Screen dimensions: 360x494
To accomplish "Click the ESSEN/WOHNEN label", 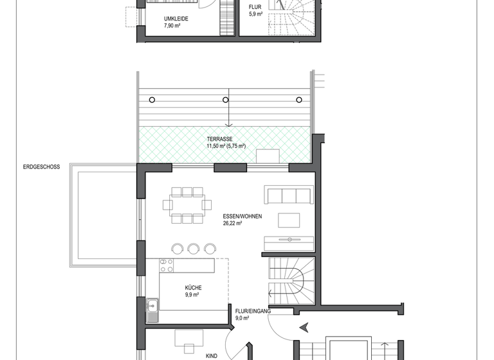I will [242, 217].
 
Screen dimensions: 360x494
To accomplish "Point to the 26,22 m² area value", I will [232, 224].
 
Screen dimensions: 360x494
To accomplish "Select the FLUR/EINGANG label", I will [253, 310].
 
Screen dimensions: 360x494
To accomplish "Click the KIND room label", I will [211, 355].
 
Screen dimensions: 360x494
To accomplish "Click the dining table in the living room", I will [187, 205].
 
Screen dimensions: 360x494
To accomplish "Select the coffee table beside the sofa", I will [288, 220].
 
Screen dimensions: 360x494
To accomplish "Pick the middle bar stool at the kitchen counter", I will [193, 248].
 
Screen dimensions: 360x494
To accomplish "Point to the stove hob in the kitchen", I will [167, 265].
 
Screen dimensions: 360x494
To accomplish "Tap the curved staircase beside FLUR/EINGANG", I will [291, 282].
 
